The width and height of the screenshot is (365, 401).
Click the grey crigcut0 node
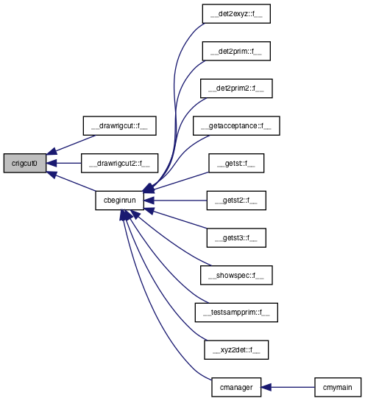[x=25, y=163]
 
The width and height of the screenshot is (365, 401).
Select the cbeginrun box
[x=119, y=200]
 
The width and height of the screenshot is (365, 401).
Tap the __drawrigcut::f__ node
[x=119, y=126]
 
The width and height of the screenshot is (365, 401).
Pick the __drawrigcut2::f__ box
[x=119, y=163]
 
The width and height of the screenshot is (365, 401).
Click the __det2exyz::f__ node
[x=236, y=14]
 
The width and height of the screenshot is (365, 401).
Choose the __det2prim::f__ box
[x=236, y=51]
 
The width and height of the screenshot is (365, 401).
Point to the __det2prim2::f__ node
[x=236, y=88]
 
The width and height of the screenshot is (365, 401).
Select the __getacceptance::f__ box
[x=236, y=126]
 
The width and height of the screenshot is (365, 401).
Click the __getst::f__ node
[x=236, y=163]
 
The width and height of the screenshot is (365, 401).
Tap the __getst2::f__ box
[x=236, y=200]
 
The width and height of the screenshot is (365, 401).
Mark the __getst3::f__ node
[x=236, y=238]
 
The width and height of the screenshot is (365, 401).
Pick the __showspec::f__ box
[x=236, y=275]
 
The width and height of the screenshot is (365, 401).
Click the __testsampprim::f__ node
[x=236, y=313]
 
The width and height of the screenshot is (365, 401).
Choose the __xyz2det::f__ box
[x=236, y=350]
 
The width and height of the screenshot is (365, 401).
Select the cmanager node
[x=236, y=387]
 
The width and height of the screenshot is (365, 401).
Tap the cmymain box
[x=338, y=387]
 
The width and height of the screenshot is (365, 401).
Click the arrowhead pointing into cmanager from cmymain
[x=266, y=387]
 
